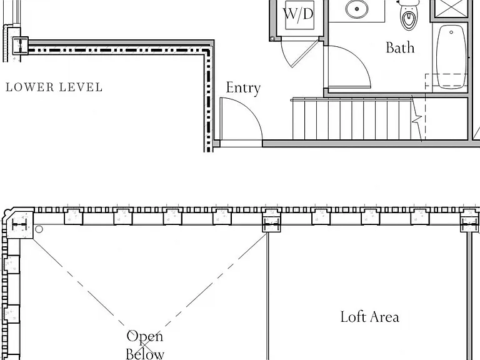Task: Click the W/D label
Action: click(x=298, y=14)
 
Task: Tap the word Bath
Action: click(x=400, y=47)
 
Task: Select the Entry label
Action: click(x=243, y=88)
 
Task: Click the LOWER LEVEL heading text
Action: click(x=54, y=87)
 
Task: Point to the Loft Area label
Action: click(x=370, y=317)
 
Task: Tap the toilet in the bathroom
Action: click(x=409, y=15)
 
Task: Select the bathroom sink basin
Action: click(x=357, y=9)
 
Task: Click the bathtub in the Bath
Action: click(x=451, y=57)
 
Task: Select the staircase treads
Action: click(x=352, y=119)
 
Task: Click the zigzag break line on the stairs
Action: click(x=417, y=119)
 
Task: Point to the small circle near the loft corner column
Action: click(x=39, y=229)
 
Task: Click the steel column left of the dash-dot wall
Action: click(x=21, y=46)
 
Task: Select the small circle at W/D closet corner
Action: click(x=272, y=39)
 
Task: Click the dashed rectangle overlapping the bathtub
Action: click(x=447, y=81)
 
